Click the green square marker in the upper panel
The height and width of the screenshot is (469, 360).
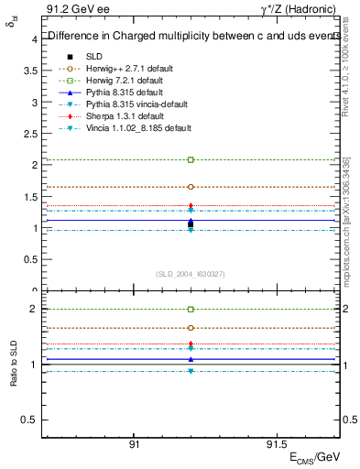191,159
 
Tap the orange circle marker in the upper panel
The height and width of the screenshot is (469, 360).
191,186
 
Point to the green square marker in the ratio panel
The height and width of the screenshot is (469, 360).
191,310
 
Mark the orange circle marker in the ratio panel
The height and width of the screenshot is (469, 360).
191,327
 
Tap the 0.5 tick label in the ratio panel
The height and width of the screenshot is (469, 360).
29,420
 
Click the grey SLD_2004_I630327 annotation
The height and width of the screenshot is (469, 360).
191,273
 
